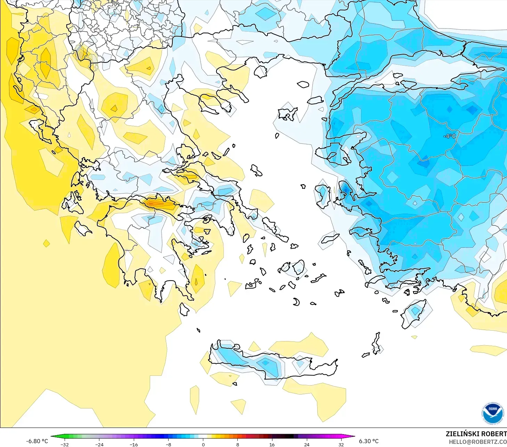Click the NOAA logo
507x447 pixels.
tap(492, 413)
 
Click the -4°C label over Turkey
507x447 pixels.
tap(449, 136)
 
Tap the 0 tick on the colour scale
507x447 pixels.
tap(203, 444)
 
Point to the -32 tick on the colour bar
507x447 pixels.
tap(65, 444)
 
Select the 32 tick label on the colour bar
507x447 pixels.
tap(341, 444)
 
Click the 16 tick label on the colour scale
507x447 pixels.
tap(272, 444)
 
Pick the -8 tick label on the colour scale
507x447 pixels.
tap(168, 444)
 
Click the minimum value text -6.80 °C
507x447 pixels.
tap(37, 441)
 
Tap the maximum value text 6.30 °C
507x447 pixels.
tap(369, 441)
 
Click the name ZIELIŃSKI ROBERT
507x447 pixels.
tap(476, 434)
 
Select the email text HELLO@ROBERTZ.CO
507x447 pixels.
tap(477, 442)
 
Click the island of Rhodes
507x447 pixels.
tap(413, 314)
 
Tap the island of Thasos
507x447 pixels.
tap(260, 72)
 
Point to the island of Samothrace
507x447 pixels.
tap(303, 84)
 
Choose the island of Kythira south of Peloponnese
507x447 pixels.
tap(184, 309)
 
